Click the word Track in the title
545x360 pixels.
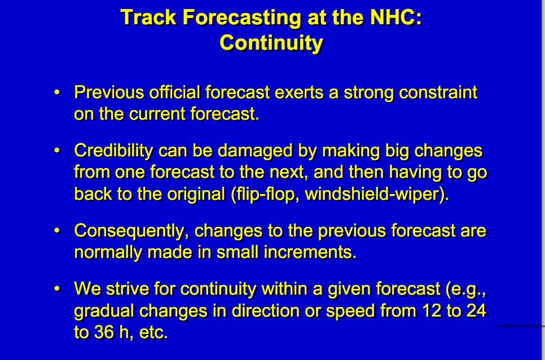(149, 17)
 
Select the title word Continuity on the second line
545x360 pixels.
(271, 43)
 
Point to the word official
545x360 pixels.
(175, 93)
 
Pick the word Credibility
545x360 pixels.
(113, 151)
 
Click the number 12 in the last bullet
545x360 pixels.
(431, 310)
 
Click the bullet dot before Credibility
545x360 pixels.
(58, 151)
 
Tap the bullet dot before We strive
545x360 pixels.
(58, 289)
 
